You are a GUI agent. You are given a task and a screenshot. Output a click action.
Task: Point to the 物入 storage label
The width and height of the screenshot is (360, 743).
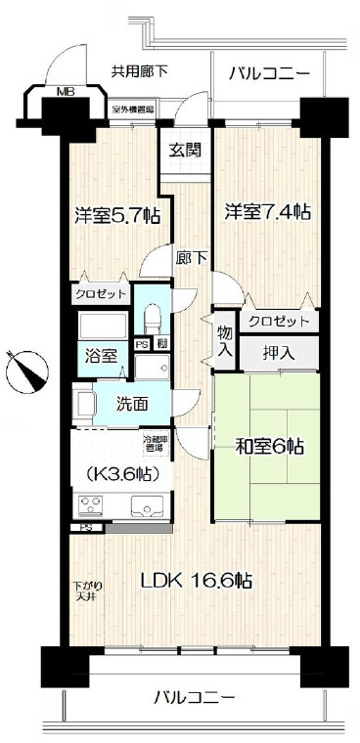(224, 343)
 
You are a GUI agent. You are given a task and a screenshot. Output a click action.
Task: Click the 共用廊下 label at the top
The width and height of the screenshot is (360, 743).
(139, 70)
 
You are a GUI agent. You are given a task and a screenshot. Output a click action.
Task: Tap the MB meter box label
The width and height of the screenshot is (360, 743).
(65, 94)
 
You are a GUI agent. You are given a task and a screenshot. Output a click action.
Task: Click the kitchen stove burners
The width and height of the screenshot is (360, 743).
(89, 505)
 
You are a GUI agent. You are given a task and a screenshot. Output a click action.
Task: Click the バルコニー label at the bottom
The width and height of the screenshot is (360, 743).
(194, 698)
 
